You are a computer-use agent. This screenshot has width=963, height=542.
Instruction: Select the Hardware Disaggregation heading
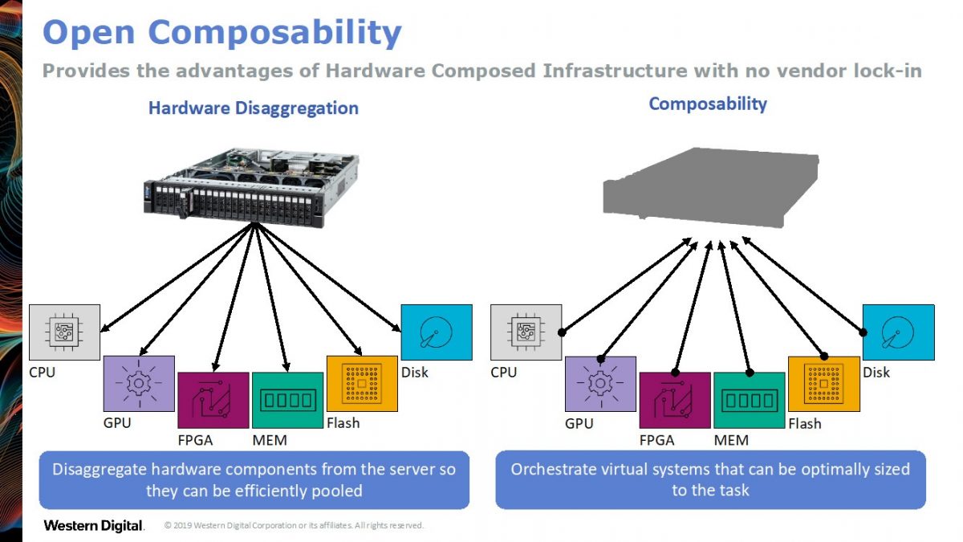pyautogui.click(x=254, y=108)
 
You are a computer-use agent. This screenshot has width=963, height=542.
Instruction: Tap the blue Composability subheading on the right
pyautogui.click(x=708, y=104)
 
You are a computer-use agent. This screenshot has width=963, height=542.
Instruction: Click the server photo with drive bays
pyautogui.click(x=251, y=184)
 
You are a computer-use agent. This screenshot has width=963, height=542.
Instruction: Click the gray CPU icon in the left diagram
pyautogui.click(x=65, y=332)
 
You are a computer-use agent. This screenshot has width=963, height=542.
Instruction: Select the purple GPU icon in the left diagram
pyautogui.click(x=139, y=383)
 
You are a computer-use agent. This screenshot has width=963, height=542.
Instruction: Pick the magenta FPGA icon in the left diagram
pyautogui.click(x=213, y=400)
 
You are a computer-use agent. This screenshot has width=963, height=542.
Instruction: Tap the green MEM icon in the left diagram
pyautogui.click(x=287, y=400)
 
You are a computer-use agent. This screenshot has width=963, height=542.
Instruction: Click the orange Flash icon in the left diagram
pyautogui.click(x=362, y=383)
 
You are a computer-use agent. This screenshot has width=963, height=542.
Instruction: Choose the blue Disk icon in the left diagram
pyautogui.click(x=436, y=332)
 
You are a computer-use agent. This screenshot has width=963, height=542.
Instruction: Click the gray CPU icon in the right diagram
pyautogui.click(x=526, y=332)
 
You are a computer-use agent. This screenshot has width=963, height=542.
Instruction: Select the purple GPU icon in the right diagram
pyautogui.click(x=600, y=383)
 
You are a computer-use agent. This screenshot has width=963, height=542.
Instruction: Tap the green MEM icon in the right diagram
pyautogui.click(x=749, y=400)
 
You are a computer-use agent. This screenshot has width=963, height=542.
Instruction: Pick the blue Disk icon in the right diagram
pyautogui.click(x=898, y=332)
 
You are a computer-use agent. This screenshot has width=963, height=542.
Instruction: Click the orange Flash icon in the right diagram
pyautogui.click(x=823, y=383)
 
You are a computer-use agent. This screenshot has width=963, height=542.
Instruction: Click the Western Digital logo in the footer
pyautogui.click(x=94, y=526)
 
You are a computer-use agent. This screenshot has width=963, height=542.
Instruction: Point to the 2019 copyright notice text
pyautogui.click(x=294, y=526)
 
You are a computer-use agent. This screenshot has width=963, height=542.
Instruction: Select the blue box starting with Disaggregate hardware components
pyautogui.click(x=254, y=479)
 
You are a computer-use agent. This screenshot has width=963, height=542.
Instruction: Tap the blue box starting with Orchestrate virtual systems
pyautogui.click(x=710, y=479)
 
